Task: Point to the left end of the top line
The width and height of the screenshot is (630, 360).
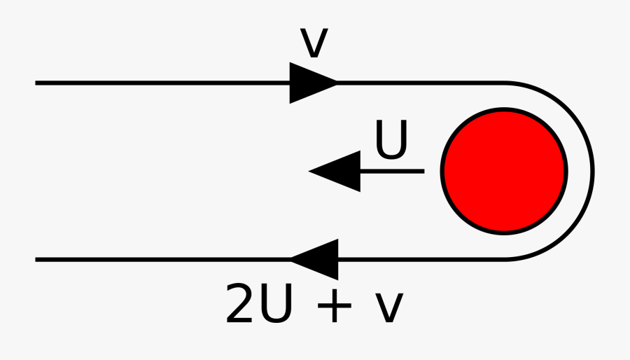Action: pos(36,83)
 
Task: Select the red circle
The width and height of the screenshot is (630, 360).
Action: pos(504,171)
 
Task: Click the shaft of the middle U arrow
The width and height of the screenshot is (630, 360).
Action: pos(392,171)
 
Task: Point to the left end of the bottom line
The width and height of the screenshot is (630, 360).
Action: pos(36,259)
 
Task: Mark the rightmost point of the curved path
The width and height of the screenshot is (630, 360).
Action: pos(593,171)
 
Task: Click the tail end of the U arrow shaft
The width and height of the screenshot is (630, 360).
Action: pos(423,171)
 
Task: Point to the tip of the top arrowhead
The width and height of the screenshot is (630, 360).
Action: pos(337,83)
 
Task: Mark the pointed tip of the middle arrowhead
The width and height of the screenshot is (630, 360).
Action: pos(310,171)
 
